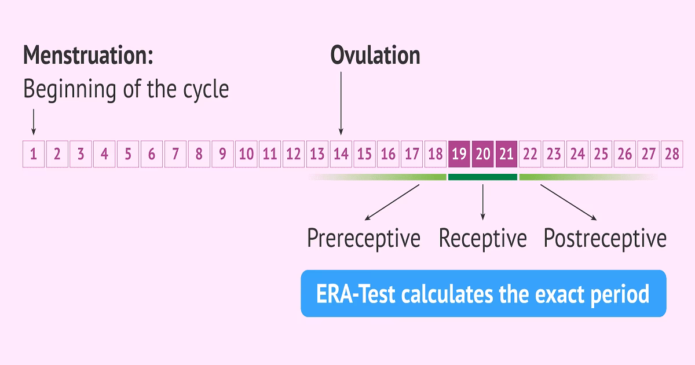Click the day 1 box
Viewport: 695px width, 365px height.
(x=34, y=154)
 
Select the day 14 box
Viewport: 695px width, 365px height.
(x=341, y=154)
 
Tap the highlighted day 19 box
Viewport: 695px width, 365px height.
(x=459, y=154)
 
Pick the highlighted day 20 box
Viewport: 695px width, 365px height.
(x=483, y=154)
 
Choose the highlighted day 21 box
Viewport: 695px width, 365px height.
(x=507, y=154)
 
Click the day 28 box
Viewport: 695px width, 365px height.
(x=672, y=154)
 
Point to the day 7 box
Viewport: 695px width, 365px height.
(x=175, y=154)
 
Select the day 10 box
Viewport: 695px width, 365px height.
(x=246, y=154)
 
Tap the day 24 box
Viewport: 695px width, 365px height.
(x=577, y=154)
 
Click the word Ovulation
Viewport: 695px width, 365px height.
(x=375, y=56)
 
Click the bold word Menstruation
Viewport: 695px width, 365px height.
(x=88, y=56)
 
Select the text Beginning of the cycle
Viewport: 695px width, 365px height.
(x=126, y=89)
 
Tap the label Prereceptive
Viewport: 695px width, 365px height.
(x=363, y=239)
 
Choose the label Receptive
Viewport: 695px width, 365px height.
(x=482, y=239)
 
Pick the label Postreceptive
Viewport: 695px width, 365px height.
(x=605, y=239)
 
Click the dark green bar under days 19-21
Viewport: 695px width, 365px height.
(x=482, y=177)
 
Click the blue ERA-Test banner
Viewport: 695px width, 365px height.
(x=483, y=294)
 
